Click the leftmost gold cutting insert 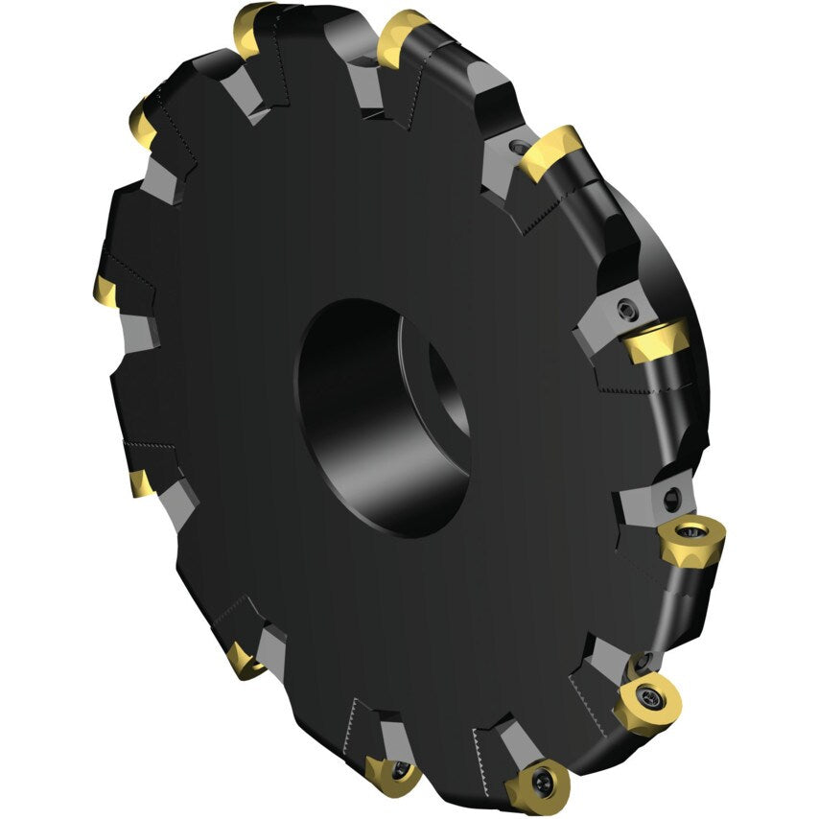[105, 288]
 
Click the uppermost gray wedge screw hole [519, 149]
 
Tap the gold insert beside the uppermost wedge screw [550, 152]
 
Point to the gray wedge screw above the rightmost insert [670, 497]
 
